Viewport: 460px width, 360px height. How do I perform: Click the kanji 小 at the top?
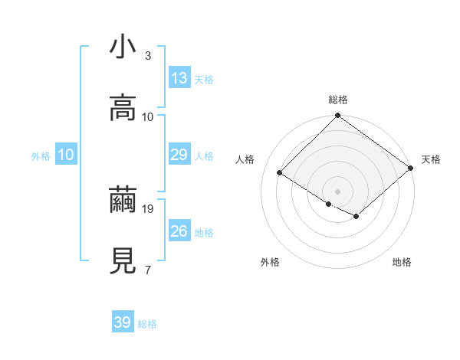click(123, 48)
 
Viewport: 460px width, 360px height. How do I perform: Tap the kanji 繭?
click(123, 201)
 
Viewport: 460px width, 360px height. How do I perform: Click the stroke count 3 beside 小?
click(148, 55)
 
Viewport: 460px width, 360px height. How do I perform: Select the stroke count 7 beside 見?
click(148, 270)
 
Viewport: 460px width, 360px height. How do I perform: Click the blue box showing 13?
click(179, 78)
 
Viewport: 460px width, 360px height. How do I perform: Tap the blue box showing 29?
click(179, 155)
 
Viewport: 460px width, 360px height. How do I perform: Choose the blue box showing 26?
click(179, 231)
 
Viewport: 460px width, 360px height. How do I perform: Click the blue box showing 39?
click(123, 322)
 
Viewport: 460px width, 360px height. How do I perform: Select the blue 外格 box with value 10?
click(65, 155)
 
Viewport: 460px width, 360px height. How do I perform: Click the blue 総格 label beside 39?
click(147, 324)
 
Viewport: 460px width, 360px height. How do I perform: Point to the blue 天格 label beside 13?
click(204, 80)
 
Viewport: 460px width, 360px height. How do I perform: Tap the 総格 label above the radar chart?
click(338, 100)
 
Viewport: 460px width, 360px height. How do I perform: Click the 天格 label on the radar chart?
click(431, 159)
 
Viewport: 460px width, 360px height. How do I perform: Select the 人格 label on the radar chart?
click(245, 159)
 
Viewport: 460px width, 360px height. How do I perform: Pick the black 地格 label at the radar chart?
click(402, 262)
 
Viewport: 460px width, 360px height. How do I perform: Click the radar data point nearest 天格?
click(410, 169)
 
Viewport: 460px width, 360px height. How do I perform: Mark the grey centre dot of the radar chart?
click(338, 191)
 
